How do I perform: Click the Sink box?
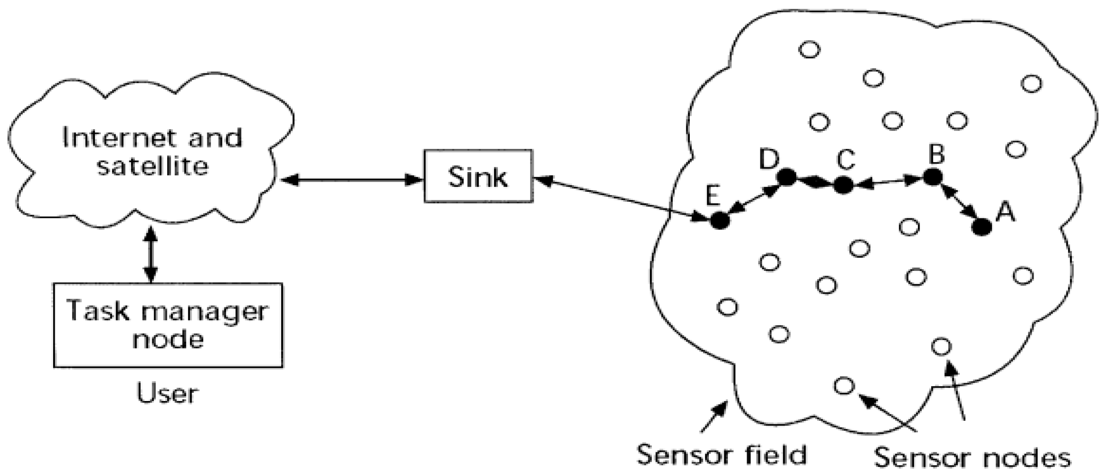coord(478,176)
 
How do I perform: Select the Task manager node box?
coord(168,325)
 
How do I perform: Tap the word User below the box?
coord(167,393)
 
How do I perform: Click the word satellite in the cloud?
coord(153,166)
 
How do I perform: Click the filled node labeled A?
coord(982,227)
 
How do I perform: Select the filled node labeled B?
coord(932,176)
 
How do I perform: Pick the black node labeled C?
coord(843,185)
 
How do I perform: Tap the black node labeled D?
coord(787,176)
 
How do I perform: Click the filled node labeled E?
coord(720,220)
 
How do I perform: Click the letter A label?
coord(1005,212)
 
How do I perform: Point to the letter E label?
coord(713,197)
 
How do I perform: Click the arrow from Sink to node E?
coord(618,199)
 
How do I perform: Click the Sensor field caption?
coord(721,455)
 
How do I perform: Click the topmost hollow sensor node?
coord(809,50)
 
